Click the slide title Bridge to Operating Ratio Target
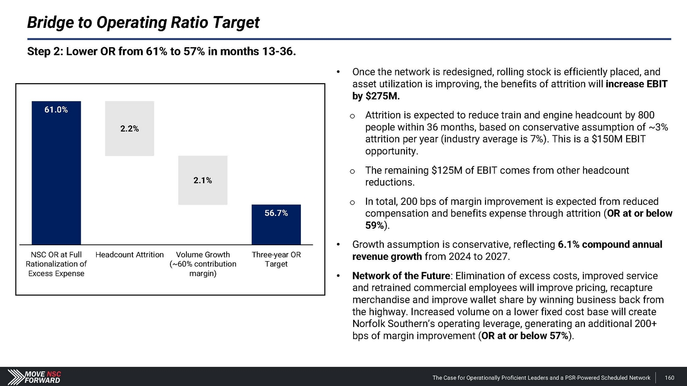pyautogui.click(x=143, y=22)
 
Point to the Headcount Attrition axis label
pyautogui.click(x=130, y=255)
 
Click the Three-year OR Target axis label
pyautogui.click(x=276, y=259)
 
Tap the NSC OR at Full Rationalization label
pyautogui.click(x=56, y=264)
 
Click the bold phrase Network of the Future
pyautogui.click(x=401, y=276)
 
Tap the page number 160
pyautogui.click(x=669, y=378)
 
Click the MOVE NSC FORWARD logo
pyautogui.click(x=34, y=377)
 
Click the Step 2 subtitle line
pyautogui.click(x=161, y=52)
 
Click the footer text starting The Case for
pyautogui.click(x=541, y=378)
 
